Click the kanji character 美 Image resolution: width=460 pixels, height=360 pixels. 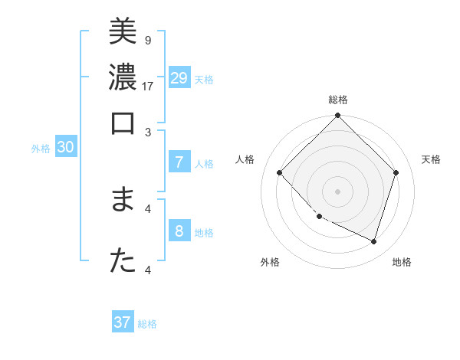(x=123, y=32)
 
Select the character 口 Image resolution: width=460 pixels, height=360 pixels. (x=123, y=123)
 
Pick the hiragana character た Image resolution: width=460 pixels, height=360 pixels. (x=123, y=260)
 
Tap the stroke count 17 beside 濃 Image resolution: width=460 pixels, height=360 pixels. (x=148, y=86)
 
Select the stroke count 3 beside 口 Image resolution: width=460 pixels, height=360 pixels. (x=148, y=132)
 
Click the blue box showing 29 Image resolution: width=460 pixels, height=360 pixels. (x=179, y=77)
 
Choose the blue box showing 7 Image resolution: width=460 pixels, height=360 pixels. (x=179, y=162)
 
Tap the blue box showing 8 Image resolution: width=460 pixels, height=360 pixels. (x=179, y=231)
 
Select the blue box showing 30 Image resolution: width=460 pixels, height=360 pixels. (x=65, y=148)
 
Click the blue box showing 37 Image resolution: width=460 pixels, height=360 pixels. (x=123, y=322)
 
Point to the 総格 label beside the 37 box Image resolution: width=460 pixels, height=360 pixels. (x=147, y=324)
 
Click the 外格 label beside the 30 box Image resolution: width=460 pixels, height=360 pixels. (x=41, y=149)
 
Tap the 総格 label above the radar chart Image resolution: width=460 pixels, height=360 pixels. (x=337, y=100)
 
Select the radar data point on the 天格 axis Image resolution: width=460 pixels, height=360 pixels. (x=396, y=172)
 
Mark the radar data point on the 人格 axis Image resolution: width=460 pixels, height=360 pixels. (x=280, y=172)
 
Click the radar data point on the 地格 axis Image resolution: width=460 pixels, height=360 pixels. (x=373, y=241)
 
